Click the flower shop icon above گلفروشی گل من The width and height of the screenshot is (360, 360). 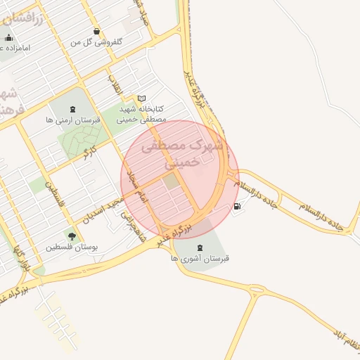coord(96,31)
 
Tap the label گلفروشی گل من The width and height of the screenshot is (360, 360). coord(96,42)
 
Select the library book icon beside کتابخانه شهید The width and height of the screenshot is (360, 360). coord(142,98)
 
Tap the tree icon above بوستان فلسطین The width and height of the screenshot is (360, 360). coord(71,236)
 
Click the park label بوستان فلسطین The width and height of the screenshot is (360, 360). coord(71,247)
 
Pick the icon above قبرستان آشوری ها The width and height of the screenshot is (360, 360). coord(200,247)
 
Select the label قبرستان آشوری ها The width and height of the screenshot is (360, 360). coord(200,259)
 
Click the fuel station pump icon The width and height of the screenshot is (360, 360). coord(237,207)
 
